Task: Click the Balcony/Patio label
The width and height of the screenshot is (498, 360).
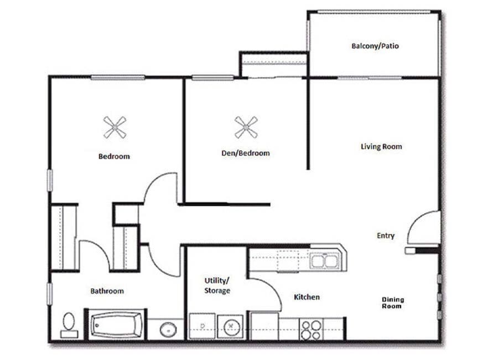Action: click(375, 46)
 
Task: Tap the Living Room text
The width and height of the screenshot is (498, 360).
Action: click(381, 147)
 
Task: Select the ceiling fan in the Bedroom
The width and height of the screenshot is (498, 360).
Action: click(115, 127)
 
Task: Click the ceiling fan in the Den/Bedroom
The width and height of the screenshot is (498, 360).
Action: click(246, 127)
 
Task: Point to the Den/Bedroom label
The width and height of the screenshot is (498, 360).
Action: click(245, 153)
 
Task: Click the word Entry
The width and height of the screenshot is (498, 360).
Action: click(386, 235)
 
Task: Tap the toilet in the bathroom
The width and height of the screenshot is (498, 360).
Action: click(69, 325)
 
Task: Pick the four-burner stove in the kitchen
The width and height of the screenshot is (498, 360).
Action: click(310, 329)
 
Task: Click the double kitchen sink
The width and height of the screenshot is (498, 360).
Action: click(325, 260)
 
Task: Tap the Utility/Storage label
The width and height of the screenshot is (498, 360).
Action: click(216, 285)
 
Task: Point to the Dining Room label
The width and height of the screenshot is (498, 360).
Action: click(393, 302)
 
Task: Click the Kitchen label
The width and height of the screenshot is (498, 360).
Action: click(307, 297)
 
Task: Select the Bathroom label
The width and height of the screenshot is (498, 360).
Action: click(107, 291)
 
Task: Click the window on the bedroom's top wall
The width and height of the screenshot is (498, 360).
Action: click(118, 78)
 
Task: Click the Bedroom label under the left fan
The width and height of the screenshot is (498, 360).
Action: click(114, 156)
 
